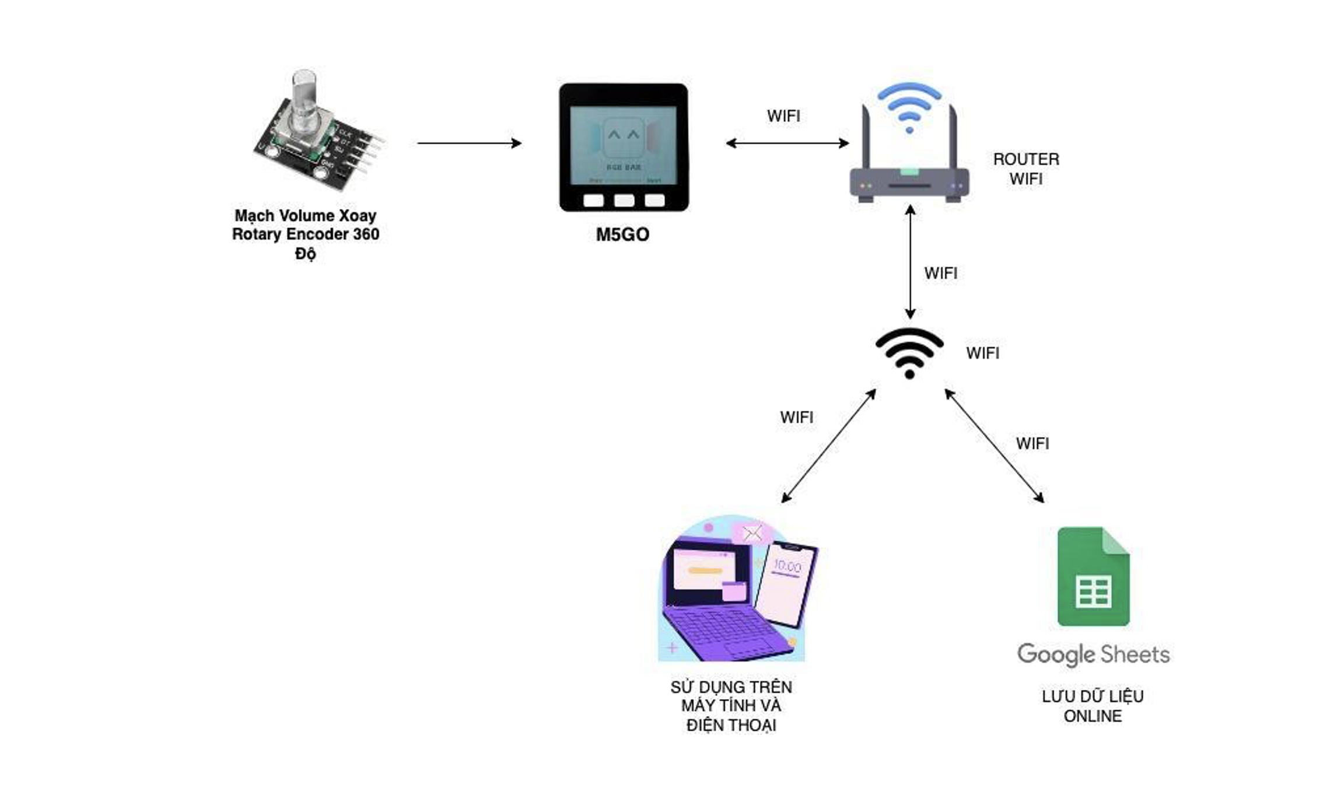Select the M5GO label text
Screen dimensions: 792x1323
622,234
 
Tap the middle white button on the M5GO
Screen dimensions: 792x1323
624,201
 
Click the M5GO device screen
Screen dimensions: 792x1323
623,145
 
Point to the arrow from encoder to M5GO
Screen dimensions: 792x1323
469,143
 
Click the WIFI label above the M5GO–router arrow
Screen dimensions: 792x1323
783,116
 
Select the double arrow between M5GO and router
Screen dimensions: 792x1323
787,143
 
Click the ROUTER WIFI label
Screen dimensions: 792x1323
1026,169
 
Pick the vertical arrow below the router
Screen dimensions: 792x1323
910,262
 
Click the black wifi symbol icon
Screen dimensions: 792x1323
909,352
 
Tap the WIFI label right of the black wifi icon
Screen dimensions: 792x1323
982,353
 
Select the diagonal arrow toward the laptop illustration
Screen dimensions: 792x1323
828,446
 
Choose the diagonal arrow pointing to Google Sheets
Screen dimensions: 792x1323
994,446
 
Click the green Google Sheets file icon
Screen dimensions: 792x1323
1093,576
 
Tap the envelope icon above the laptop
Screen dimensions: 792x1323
752,532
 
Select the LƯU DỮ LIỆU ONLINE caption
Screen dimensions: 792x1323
1093,706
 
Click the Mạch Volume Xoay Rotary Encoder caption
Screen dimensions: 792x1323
306,234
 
